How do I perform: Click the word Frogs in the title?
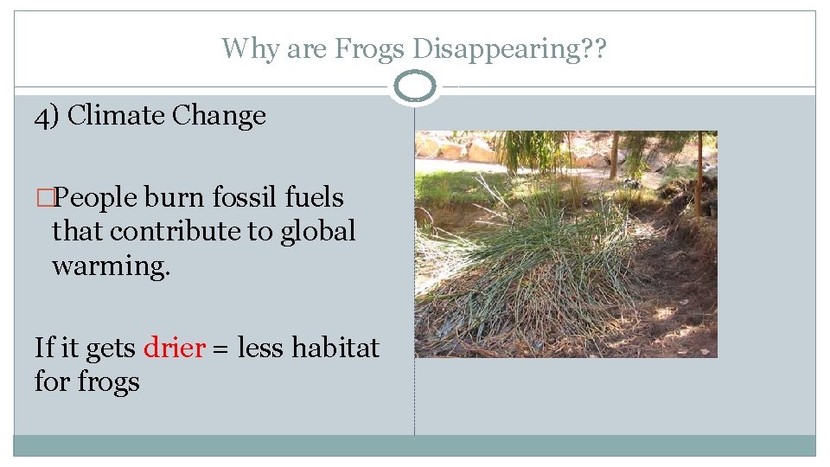point(369,48)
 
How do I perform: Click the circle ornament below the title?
point(415,87)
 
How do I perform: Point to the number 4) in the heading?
point(47,116)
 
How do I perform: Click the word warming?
point(111,265)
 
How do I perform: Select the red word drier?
point(174,348)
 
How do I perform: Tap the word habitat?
point(335,348)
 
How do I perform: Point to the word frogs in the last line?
point(109,381)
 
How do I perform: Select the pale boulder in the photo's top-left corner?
point(427,147)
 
